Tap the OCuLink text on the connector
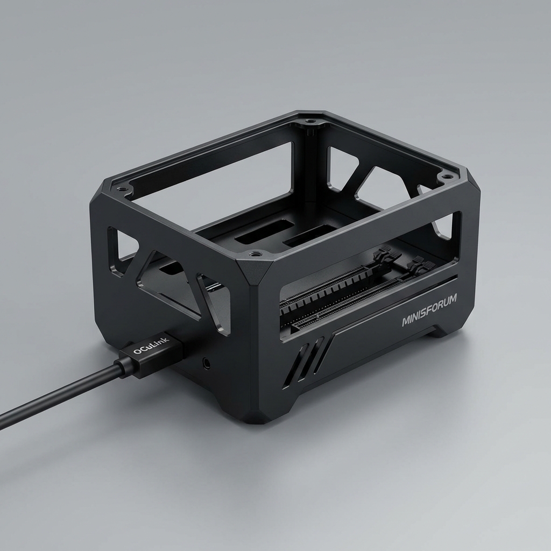tap(151, 345)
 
